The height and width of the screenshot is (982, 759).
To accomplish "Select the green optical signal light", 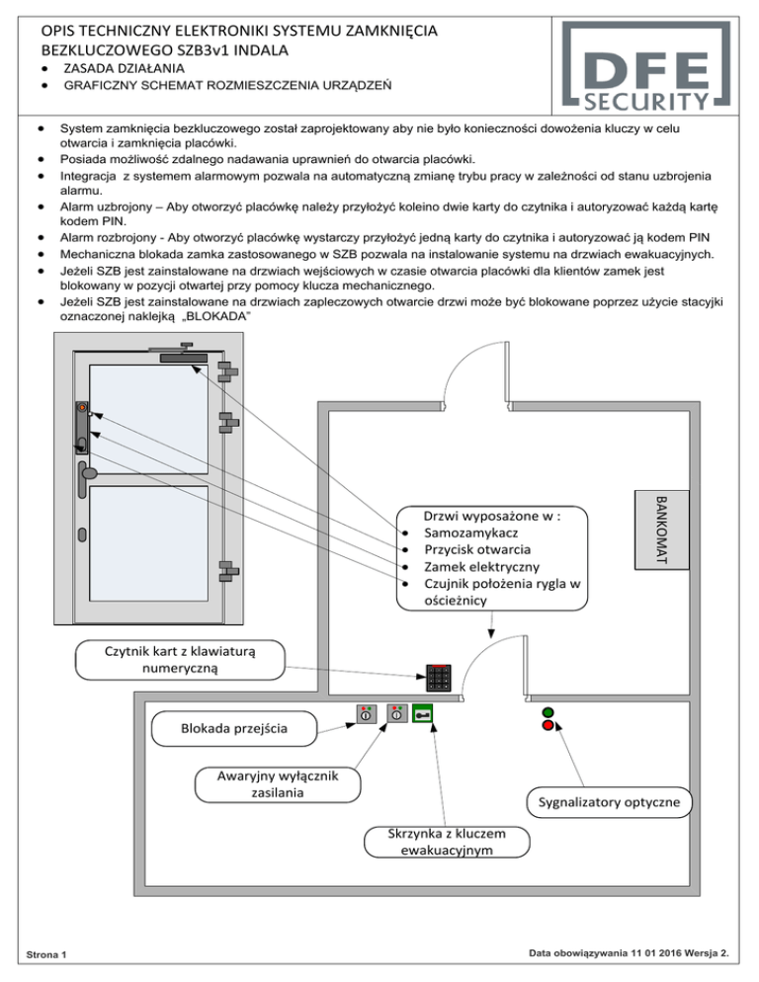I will [x=548, y=711].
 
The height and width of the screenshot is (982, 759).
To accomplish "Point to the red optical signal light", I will [x=548, y=726].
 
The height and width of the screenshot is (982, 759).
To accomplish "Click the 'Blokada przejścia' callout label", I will [x=234, y=729].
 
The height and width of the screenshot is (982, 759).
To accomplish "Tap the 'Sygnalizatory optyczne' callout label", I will [x=608, y=801].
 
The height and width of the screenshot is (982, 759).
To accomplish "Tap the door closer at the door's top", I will [x=184, y=352].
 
